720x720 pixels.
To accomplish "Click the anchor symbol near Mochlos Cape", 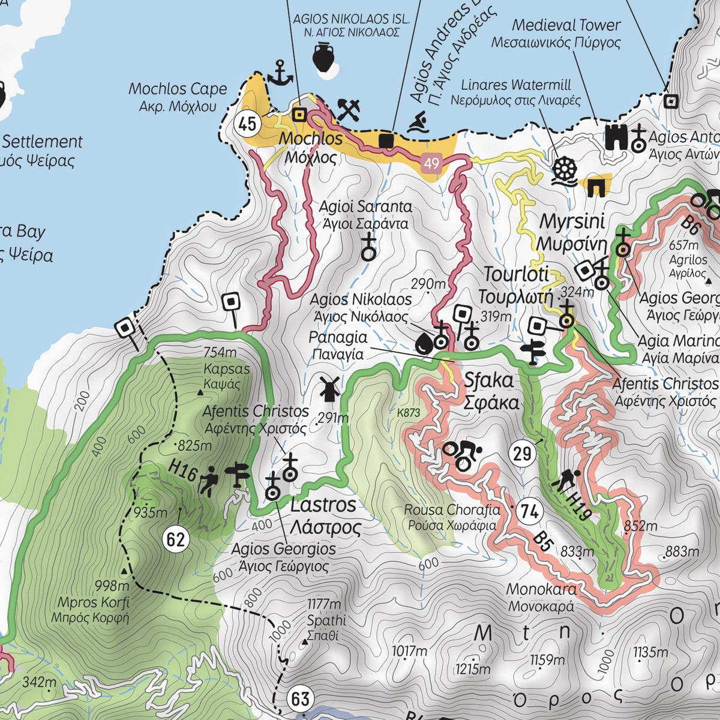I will click(x=279, y=73).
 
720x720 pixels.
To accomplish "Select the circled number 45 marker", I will click(x=247, y=124).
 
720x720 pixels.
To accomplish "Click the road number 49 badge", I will click(x=431, y=163).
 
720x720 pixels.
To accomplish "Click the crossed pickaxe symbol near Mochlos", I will click(x=349, y=110).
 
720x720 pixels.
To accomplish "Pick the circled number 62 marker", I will click(x=175, y=539).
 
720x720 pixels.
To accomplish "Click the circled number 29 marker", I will click(x=523, y=453).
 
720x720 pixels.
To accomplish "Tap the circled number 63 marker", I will click(x=300, y=699).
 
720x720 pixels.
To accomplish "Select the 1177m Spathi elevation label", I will click(x=324, y=604).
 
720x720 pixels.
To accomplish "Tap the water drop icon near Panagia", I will click(x=424, y=343).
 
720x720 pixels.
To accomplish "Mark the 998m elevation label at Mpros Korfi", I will click(x=112, y=586).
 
